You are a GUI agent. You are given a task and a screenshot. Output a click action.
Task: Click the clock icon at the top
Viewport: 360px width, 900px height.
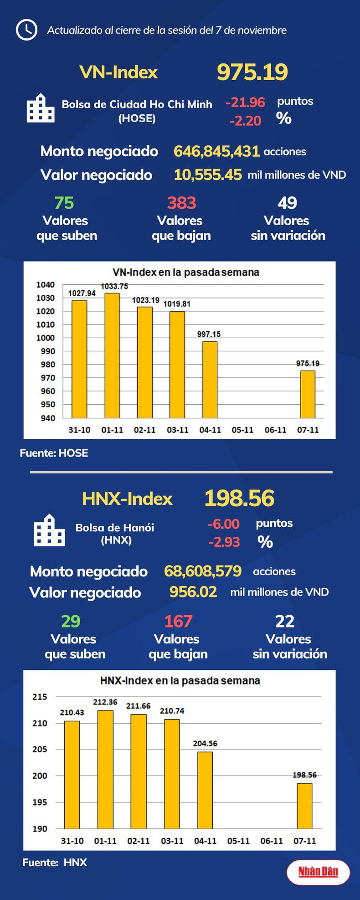point(26,30)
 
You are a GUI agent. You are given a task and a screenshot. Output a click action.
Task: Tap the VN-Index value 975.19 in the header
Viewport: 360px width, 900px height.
point(252,72)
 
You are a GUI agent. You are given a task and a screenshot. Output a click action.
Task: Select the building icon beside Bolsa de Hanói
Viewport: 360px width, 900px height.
point(49,530)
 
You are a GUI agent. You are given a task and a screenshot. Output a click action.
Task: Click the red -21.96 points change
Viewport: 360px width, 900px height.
point(245,102)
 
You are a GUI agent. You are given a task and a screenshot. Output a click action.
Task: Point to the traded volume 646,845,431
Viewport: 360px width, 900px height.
point(216,151)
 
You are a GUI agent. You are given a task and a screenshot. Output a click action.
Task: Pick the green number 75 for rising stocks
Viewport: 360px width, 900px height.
point(64,203)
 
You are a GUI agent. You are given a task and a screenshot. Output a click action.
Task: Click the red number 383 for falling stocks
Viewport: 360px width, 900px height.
point(181,203)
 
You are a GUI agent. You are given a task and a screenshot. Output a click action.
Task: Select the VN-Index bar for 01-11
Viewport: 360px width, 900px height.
point(112,355)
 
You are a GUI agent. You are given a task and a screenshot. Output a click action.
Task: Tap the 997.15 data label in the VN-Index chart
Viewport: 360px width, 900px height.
point(209,334)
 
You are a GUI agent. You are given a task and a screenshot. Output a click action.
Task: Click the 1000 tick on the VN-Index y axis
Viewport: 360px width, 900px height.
point(45,338)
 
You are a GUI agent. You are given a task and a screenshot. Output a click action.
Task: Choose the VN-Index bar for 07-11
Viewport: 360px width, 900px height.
point(308,394)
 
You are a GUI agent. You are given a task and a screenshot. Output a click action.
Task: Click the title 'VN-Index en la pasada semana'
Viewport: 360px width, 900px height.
point(185,272)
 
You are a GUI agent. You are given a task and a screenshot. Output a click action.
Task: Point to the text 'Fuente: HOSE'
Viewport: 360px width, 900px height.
point(54,453)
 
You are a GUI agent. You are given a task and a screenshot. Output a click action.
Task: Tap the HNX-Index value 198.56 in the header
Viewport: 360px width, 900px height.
point(239,498)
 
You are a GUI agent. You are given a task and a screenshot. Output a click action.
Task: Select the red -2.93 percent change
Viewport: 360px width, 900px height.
point(224,542)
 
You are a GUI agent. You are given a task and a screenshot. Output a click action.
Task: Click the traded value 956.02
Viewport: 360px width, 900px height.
point(193,591)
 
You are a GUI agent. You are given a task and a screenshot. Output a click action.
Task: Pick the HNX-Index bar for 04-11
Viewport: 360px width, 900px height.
point(205,790)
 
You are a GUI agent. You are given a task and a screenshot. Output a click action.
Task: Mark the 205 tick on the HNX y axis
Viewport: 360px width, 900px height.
point(40,749)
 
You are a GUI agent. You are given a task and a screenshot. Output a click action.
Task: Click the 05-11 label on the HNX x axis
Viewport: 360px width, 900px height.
point(238,841)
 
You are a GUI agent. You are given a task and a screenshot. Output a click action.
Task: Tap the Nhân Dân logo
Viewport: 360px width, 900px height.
point(318,872)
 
